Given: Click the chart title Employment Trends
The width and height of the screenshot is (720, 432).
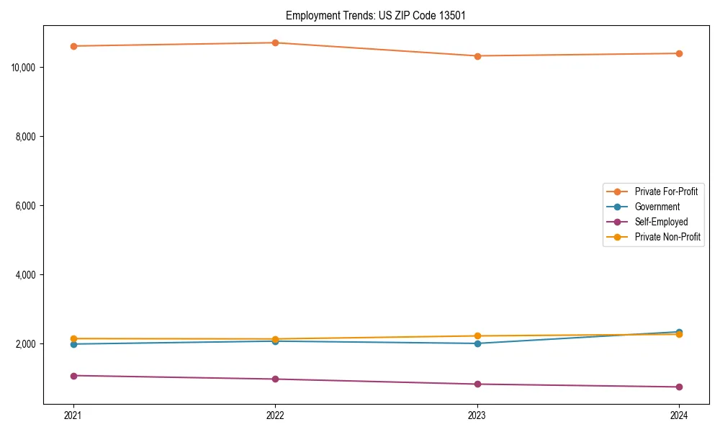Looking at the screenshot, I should [x=375, y=15].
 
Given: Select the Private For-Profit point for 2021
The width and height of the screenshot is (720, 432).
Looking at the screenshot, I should [x=73, y=46].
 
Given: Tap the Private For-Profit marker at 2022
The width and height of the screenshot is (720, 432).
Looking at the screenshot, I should [x=275, y=42].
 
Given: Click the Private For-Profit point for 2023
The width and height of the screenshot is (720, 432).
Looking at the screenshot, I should [x=477, y=56].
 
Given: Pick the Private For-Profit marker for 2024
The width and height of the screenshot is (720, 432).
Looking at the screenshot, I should [x=679, y=53].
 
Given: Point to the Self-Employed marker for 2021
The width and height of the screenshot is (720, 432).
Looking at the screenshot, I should [x=73, y=376].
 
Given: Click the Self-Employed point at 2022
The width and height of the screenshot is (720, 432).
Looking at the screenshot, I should [x=275, y=379].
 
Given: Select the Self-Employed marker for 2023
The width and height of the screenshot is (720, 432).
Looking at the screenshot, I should [x=477, y=384].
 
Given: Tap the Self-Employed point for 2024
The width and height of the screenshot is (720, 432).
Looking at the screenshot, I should [x=679, y=387].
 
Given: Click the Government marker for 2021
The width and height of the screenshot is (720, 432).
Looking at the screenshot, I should [x=73, y=344].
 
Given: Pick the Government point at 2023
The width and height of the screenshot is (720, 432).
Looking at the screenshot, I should [x=477, y=343].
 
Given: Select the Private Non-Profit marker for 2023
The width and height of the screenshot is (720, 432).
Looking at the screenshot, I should [x=477, y=336].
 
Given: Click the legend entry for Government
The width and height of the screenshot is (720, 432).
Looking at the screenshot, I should [x=657, y=207].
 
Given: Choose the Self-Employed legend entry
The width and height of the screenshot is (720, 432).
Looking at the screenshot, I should [x=661, y=222].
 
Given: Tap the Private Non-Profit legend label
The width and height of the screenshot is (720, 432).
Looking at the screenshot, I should [x=667, y=237].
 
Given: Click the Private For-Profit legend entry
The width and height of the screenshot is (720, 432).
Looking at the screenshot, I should [x=666, y=192].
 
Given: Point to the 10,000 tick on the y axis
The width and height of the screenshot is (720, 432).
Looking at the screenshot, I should [x=24, y=68].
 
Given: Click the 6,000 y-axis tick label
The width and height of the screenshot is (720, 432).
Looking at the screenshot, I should [x=27, y=206].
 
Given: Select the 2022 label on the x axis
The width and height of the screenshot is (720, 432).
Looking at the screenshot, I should [x=275, y=415].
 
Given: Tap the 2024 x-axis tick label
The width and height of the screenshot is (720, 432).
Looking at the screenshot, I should [x=679, y=415].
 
